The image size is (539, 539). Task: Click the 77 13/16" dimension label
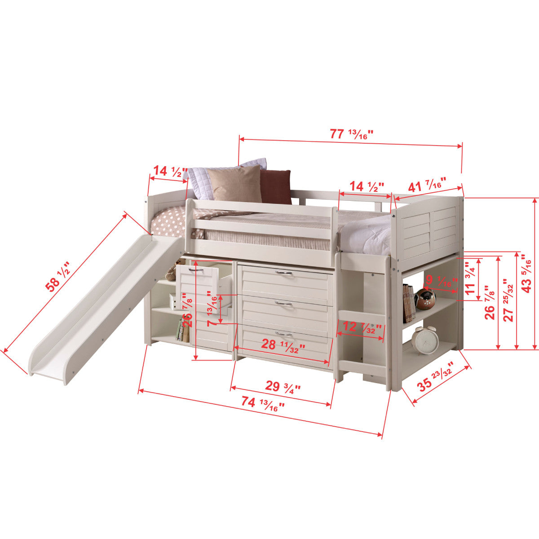coord(352,134)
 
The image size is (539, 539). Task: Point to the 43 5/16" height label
coord(526,273)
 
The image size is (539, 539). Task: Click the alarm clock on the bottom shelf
coord(424,340)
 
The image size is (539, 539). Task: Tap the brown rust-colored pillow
coord(276,187)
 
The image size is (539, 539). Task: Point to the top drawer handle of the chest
coord(282,273)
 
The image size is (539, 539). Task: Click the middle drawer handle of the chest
coord(282,305)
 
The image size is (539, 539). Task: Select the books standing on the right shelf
coord(408,303)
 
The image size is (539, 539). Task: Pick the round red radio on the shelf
coord(425,299)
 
